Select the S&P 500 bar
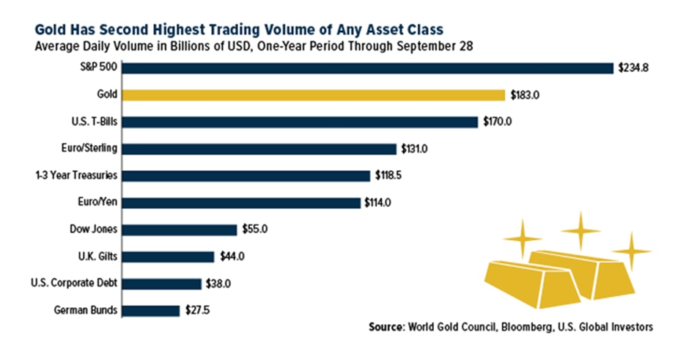tap(367, 68)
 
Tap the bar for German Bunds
tap(150, 310)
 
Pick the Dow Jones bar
tap(180, 229)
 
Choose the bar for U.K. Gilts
tap(168, 257)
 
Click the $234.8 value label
tap(634, 68)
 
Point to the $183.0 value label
tap(526, 95)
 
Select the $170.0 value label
tap(498, 122)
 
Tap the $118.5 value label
tap(391, 176)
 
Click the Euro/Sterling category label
tap(89, 149)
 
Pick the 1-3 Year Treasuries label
tap(77, 176)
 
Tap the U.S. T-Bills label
tap(92, 122)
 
